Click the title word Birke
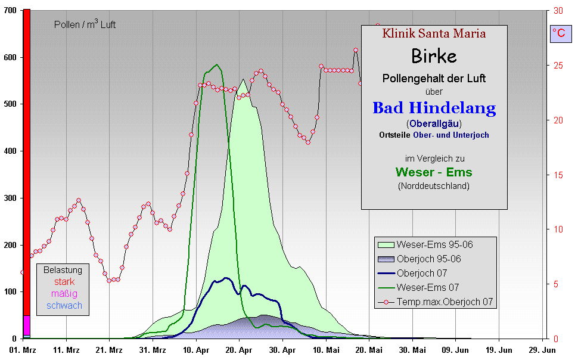(434, 56)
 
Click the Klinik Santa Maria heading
(434, 33)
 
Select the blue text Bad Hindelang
(434, 108)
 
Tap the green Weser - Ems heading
(434, 172)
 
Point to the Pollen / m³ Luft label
(85, 24)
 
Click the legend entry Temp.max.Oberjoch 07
(446, 302)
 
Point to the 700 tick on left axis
(10, 11)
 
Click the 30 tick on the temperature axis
(558, 11)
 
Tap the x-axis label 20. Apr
(238, 350)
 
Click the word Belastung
(63, 270)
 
